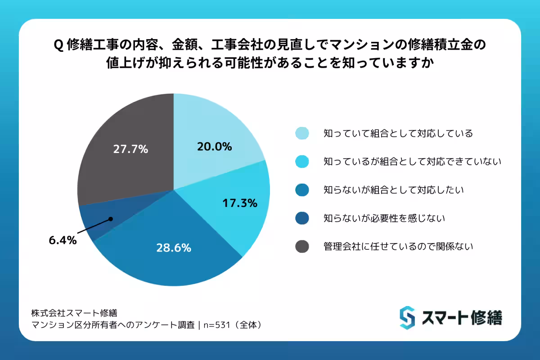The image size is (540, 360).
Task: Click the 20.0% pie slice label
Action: click(214, 146)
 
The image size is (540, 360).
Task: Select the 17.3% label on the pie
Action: click(240, 203)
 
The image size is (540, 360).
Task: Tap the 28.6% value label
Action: click(174, 247)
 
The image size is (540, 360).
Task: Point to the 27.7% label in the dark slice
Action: click(130, 149)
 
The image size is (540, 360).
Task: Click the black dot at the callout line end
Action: click(110, 220)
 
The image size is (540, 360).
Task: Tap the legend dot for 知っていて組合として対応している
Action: click(302, 133)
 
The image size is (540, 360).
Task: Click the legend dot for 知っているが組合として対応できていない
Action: click(302, 162)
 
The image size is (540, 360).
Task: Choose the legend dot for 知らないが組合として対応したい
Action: click(302, 190)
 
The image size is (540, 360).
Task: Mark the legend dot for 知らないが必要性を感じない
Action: click(302, 218)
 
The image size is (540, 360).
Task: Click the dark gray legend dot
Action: click(302, 247)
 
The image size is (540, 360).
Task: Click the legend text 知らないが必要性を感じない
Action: click(384, 218)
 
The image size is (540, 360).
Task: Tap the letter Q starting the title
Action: click(58, 45)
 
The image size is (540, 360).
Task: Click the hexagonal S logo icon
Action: click(407, 318)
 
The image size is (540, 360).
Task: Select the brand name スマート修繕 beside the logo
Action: click(462, 318)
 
